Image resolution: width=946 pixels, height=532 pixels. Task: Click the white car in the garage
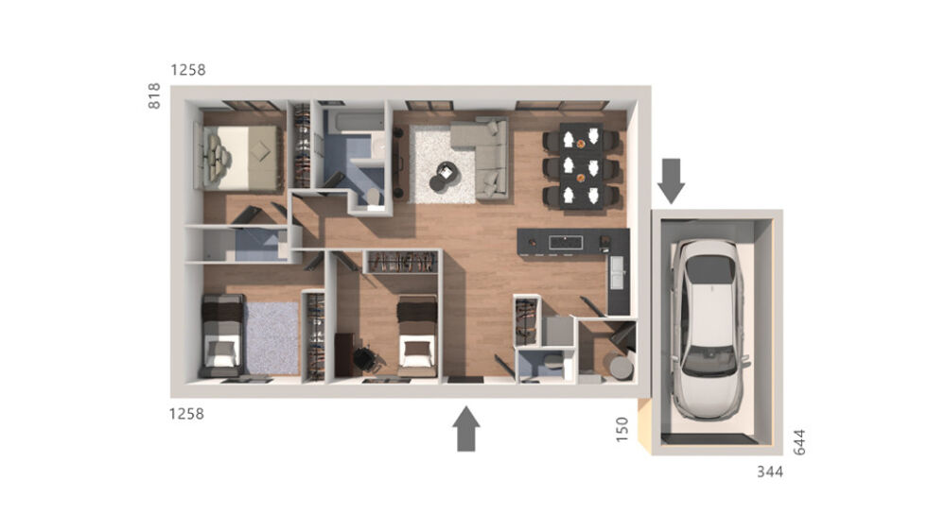(x=708, y=319)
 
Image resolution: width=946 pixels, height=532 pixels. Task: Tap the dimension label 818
(x=155, y=96)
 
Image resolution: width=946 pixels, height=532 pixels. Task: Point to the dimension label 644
(x=798, y=441)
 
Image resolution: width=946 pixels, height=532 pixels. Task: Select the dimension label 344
(x=770, y=472)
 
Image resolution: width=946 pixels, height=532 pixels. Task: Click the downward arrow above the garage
(x=672, y=180)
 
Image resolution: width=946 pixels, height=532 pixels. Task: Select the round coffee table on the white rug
(x=443, y=176)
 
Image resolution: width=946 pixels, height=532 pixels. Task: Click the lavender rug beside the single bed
(x=272, y=336)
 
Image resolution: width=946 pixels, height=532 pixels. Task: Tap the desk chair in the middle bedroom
(x=364, y=359)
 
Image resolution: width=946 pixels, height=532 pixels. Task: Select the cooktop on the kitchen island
(x=566, y=242)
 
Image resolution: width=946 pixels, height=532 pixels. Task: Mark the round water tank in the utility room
(x=620, y=367)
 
